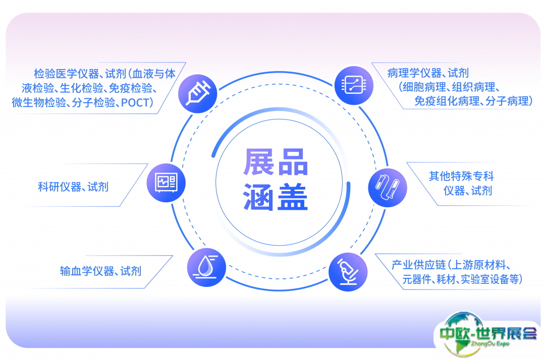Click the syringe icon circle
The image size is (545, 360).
coord(197,93)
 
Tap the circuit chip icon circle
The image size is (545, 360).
coord(354,85)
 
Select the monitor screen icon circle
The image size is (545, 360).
coord(166,183)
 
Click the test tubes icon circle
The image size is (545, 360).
coord(388,188)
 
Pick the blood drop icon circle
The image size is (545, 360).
coord(206,267)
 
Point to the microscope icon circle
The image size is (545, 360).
coord(348,272)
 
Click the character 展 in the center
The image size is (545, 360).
coord(259,162)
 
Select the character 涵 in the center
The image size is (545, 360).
coord(259,197)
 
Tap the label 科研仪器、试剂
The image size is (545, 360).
coord(73,187)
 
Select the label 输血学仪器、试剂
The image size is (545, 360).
coord(100,271)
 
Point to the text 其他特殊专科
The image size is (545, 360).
coord(461,176)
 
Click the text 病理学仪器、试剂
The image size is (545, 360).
coord(428,73)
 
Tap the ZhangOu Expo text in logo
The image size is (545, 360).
coord(490,344)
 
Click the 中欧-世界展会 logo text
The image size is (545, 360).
coord(488,334)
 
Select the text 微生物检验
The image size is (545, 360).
coord(39,102)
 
